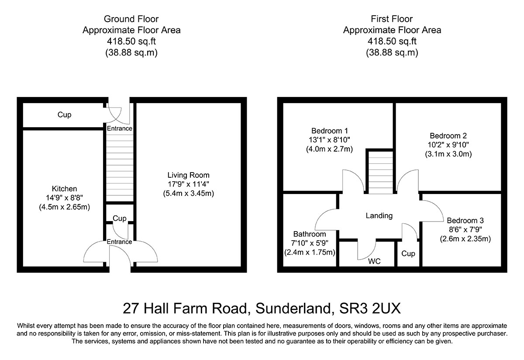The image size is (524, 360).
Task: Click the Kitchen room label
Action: (x=64, y=189)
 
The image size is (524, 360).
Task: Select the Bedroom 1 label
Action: (x=330, y=131)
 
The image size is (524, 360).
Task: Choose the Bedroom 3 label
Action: (x=465, y=220)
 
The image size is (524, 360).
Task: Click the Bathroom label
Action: (x=310, y=234)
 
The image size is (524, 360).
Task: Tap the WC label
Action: (x=375, y=261)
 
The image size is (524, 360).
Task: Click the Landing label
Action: (x=379, y=215)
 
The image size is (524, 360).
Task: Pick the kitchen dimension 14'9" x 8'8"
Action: (x=64, y=198)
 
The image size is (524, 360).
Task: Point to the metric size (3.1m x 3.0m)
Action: (x=448, y=154)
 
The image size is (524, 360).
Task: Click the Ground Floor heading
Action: (x=131, y=19)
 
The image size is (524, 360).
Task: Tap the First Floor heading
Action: (x=392, y=19)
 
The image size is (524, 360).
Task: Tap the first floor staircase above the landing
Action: (x=379, y=171)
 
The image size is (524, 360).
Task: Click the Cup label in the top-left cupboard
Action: (x=64, y=115)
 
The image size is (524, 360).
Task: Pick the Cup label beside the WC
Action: (x=408, y=253)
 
